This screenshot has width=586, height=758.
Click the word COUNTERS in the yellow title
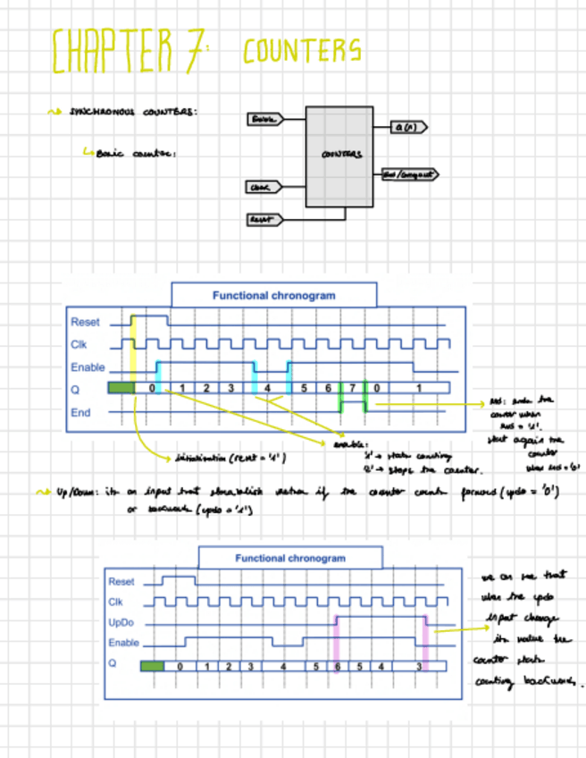(x=302, y=50)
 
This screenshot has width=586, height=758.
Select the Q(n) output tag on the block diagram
(x=410, y=127)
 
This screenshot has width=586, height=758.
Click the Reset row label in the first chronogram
(x=86, y=322)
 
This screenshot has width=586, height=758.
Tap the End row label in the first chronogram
(x=80, y=413)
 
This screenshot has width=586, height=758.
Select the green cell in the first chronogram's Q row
(x=121, y=388)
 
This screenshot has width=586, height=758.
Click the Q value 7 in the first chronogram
(x=353, y=388)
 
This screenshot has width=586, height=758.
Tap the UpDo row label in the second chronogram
(x=121, y=622)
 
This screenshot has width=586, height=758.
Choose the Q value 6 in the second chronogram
(x=338, y=666)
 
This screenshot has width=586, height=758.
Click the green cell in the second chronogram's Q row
(x=153, y=666)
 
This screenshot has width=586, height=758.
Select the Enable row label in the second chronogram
(x=124, y=643)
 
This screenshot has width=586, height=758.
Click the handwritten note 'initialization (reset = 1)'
(x=230, y=458)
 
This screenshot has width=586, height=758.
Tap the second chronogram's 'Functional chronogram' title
(x=289, y=558)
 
